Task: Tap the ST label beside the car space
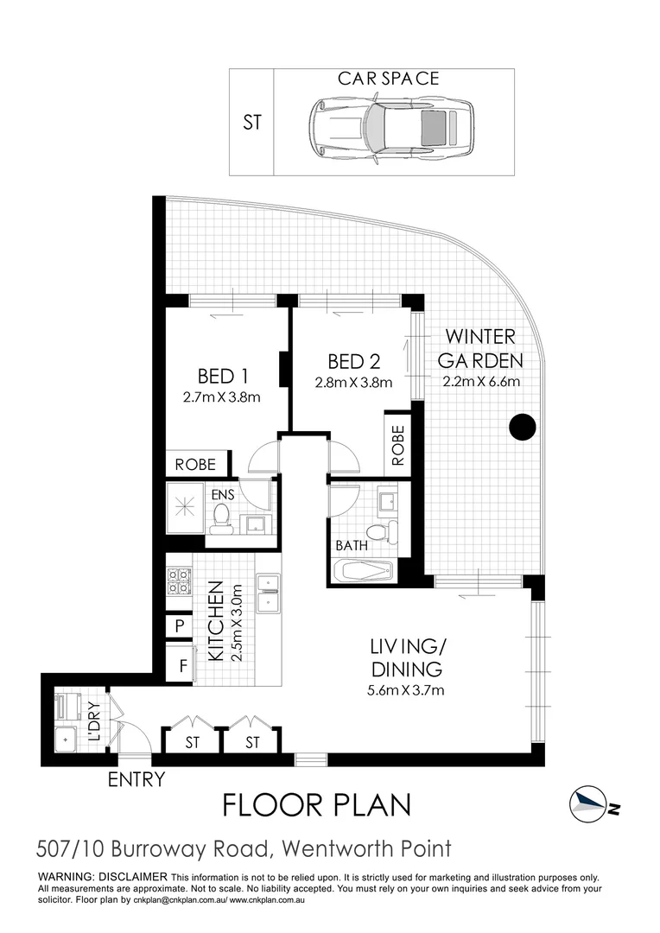point(251,123)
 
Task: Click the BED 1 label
point(223,376)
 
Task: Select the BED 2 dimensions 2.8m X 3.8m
point(354,383)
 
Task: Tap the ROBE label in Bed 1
point(196,464)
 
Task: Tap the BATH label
point(352,546)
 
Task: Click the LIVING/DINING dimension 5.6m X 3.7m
point(406,689)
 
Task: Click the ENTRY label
point(136,780)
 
